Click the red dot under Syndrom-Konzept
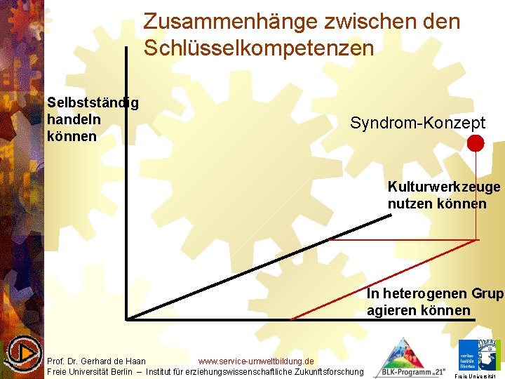[x=476, y=143]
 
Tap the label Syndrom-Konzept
[x=417, y=124]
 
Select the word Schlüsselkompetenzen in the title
[x=258, y=48]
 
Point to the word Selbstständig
[x=93, y=103]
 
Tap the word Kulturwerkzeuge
[x=444, y=187]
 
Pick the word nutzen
[x=410, y=204]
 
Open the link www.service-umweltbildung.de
[x=256, y=361]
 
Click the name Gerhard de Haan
[x=115, y=361]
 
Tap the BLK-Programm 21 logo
[x=410, y=359]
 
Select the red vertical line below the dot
[x=476, y=197]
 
